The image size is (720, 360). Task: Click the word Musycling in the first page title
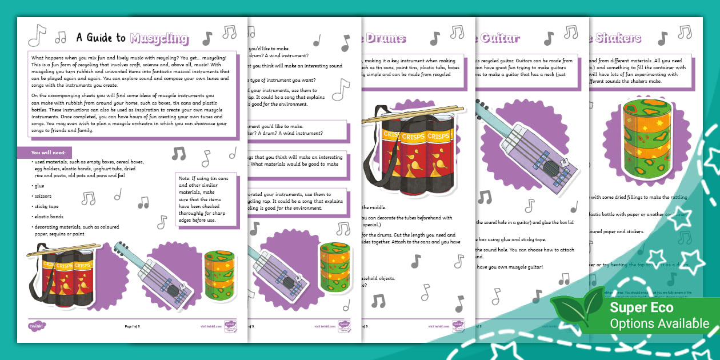point(159,38)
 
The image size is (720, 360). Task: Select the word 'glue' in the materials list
point(39,185)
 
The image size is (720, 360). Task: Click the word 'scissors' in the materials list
point(43,195)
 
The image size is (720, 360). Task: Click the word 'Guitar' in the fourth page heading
point(501,38)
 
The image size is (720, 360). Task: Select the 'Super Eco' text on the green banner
point(641,307)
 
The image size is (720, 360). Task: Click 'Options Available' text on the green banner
point(658,323)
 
